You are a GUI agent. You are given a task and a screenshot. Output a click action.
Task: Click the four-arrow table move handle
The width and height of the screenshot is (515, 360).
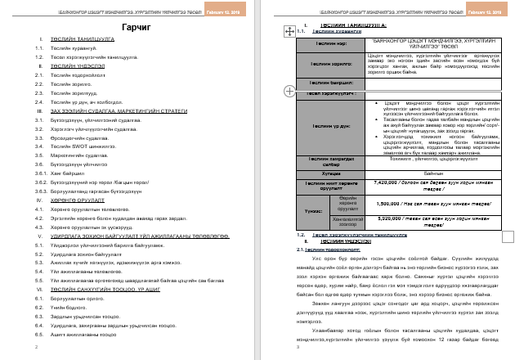[288, 31]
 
